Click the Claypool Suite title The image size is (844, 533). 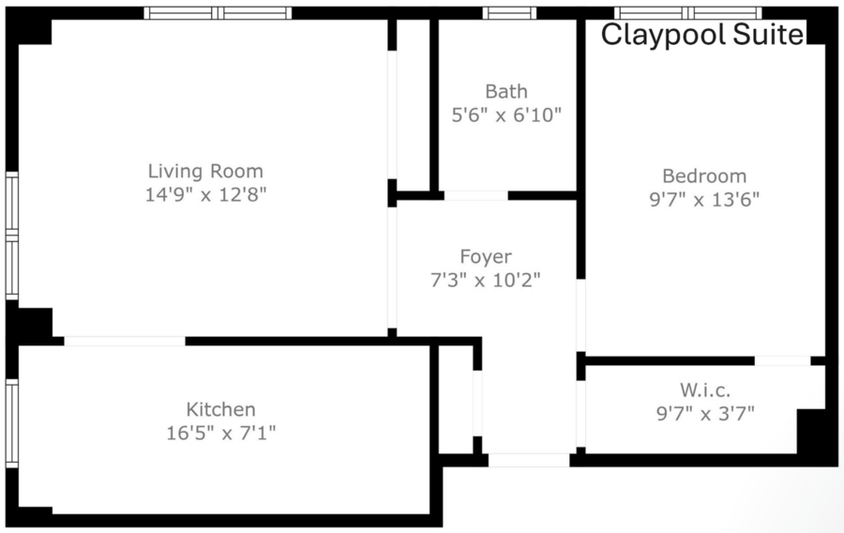(701, 35)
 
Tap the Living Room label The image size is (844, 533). (205, 171)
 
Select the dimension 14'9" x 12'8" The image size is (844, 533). (205, 194)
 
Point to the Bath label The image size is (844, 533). (506, 92)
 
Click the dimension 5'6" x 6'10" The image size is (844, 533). (506, 114)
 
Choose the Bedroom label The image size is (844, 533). (704, 176)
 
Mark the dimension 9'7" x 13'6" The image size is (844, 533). (704, 200)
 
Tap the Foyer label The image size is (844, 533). (486, 257)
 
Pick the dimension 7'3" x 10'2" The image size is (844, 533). (486, 280)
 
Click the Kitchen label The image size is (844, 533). (220, 410)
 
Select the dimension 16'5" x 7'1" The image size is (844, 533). (220, 433)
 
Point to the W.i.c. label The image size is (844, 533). (705, 389)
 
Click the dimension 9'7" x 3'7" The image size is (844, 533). (705, 414)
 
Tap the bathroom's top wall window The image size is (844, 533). (509, 13)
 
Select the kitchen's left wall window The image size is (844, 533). (12, 423)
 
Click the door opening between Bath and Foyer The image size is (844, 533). (475, 195)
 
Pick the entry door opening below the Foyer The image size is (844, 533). (529, 461)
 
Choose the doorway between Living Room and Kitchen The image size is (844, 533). (125, 342)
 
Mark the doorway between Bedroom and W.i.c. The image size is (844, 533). (783, 360)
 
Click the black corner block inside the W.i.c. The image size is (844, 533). (810, 431)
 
